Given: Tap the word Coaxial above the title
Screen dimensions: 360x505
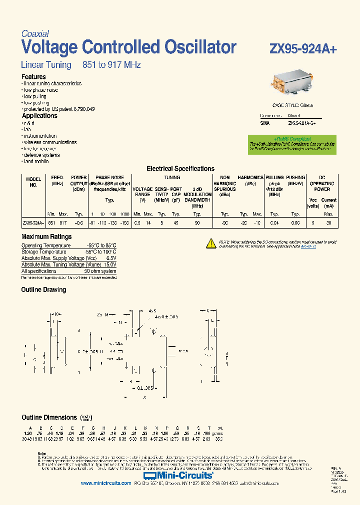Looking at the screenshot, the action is pos(35,34).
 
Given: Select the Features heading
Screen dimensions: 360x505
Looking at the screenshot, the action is pos(33,77).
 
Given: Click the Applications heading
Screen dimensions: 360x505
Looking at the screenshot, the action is pos(39,116).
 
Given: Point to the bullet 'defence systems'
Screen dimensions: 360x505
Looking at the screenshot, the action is pos(42,155).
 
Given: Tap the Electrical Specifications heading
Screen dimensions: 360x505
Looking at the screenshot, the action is pos(180,169).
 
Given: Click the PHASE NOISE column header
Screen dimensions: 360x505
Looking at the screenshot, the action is pos(110,177).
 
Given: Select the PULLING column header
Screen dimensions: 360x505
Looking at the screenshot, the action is pos(274,177).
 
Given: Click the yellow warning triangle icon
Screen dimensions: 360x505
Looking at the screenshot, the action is pos(210,244).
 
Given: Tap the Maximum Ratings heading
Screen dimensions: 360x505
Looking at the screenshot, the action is pos(46,237).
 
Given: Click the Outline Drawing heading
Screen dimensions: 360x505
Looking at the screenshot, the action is pos(43,290).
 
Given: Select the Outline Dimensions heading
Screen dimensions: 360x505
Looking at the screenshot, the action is pos(49,417).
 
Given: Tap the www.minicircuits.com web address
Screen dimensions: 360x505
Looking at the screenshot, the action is pos(103,484).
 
